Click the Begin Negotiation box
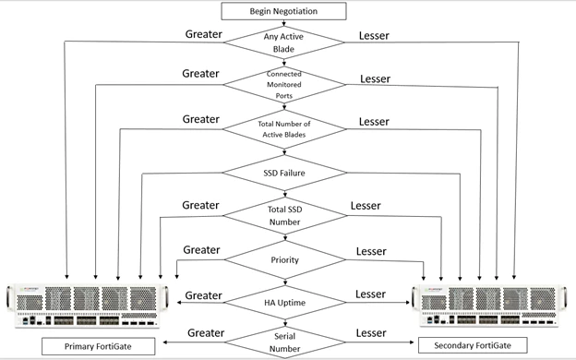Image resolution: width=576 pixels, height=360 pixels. [x=283, y=11]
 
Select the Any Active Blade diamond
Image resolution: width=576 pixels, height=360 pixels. [x=284, y=42]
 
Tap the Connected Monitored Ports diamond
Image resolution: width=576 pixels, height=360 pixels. [x=284, y=85]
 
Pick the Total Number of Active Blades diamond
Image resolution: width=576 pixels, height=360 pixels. [x=284, y=129]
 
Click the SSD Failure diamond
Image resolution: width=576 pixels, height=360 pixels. [x=284, y=173]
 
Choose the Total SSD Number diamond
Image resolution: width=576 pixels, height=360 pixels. [x=284, y=216]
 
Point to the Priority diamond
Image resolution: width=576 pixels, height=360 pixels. [x=284, y=260]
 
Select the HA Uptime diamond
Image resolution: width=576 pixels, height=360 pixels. [x=284, y=303]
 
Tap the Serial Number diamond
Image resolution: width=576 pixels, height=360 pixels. [x=284, y=342]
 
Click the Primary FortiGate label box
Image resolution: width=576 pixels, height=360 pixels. [x=98, y=346]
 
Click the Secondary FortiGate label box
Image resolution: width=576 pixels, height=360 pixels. [x=473, y=345]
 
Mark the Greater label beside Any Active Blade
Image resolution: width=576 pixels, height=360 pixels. [x=203, y=34]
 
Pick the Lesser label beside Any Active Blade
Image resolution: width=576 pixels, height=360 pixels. [x=374, y=36]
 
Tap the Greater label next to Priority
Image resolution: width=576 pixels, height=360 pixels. [x=201, y=250]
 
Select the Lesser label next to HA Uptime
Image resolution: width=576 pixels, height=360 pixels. [x=370, y=294]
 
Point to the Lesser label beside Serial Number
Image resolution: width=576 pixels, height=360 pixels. [x=371, y=333]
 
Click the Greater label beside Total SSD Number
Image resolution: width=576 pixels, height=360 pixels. [x=200, y=205]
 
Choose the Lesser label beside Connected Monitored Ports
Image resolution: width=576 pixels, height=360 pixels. [x=375, y=79]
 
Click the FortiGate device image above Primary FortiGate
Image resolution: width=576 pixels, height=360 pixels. [x=88, y=306]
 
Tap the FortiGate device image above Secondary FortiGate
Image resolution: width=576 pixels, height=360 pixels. [x=489, y=306]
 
